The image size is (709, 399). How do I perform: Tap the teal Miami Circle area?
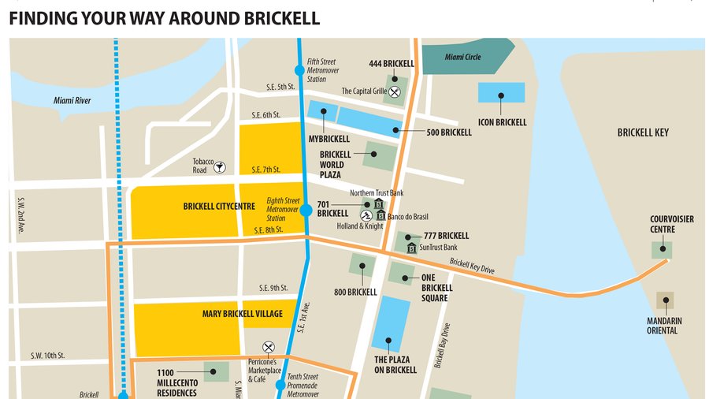(465, 57)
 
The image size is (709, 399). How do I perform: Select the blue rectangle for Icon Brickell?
(501, 92)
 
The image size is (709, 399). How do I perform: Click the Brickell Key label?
(643, 133)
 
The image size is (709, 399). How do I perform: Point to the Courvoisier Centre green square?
(662, 250)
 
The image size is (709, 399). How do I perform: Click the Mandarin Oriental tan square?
(666, 300)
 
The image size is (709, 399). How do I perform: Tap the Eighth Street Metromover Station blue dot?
(306, 211)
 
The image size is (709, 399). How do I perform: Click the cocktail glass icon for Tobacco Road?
(220, 166)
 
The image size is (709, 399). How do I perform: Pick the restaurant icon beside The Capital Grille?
(395, 91)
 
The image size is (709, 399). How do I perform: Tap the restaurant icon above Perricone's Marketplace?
(268, 346)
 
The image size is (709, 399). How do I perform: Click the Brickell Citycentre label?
(219, 207)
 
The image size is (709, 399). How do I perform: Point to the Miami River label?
(72, 100)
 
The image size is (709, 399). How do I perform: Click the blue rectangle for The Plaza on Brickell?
(391, 323)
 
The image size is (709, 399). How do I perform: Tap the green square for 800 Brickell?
(362, 266)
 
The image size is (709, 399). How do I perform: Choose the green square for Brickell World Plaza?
(380, 155)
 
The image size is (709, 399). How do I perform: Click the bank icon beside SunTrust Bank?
(411, 248)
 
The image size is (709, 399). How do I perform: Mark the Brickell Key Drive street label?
(472, 267)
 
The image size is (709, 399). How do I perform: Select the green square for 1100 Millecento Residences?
(216, 371)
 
